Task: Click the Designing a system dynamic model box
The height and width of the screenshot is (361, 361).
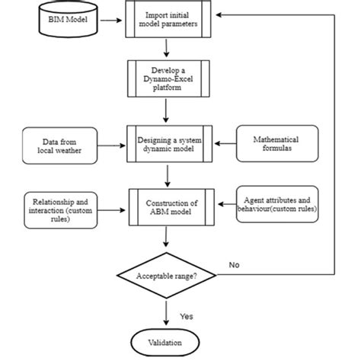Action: point(169,142)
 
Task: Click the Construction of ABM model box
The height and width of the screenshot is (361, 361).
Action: point(169,206)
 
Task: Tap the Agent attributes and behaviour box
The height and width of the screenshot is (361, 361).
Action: point(277,203)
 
